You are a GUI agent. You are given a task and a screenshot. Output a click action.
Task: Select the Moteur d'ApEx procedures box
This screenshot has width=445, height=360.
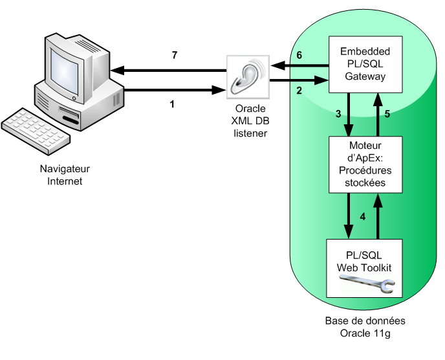click(365, 164)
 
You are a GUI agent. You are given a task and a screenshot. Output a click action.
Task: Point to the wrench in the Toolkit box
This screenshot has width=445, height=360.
click(367, 284)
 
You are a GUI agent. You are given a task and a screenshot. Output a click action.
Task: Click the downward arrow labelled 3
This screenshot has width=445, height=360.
click(349, 114)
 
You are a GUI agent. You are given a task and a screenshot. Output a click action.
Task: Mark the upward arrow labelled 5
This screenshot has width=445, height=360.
click(378, 114)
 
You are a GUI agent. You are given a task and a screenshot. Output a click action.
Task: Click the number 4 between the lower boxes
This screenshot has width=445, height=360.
click(363, 216)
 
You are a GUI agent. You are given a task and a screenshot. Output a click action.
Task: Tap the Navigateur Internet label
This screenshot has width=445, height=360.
click(65, 175)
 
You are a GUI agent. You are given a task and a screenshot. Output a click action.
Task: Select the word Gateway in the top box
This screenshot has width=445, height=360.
click(365, 76)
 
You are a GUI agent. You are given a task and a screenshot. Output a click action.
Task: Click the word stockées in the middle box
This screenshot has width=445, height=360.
click(365, 183)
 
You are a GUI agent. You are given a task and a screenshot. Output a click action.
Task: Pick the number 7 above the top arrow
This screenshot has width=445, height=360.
click(174, 56)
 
